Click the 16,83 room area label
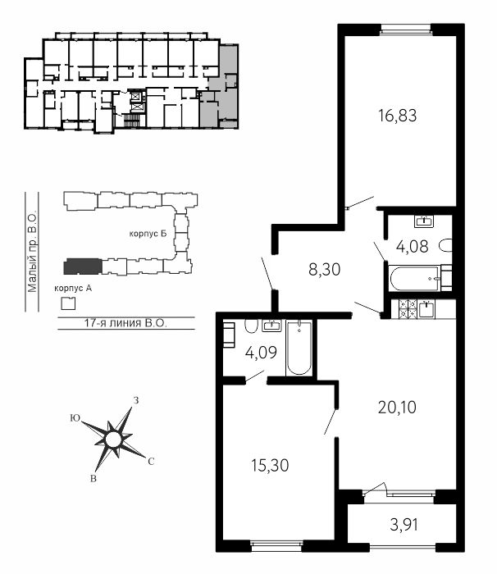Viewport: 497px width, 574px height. tap(398, 116)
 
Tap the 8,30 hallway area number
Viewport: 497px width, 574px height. tap(325, 270)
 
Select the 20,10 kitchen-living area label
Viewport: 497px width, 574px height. tap(397, 407)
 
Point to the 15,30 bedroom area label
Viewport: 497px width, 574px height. tap(270, 465)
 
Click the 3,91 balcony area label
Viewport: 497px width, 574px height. tap(404, 526)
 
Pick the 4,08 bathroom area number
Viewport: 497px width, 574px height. tap(412, 246)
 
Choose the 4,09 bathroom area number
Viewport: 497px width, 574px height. tap(261, 353)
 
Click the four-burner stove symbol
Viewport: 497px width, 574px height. tap(408, 308)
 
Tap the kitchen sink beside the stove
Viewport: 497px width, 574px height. tap(426, 309)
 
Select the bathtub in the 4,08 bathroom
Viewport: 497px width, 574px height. tap(415, 278)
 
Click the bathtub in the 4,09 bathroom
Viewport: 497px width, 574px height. tap(299, 348)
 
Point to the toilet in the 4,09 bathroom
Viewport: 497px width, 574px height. tap(251, 326)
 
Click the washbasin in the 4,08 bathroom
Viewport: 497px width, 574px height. tap(424, 221)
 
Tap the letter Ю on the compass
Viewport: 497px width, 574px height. tap(75, 418)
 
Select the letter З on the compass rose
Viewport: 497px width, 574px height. tap(136, 400)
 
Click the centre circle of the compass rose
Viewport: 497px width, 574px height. tap(112, 439)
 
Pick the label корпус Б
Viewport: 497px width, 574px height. tap(148, 234)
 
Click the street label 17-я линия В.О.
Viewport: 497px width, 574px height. tap(125, 323)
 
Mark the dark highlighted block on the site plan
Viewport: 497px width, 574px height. tap(83, 266)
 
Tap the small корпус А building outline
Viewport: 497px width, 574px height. tap(68, 303)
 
